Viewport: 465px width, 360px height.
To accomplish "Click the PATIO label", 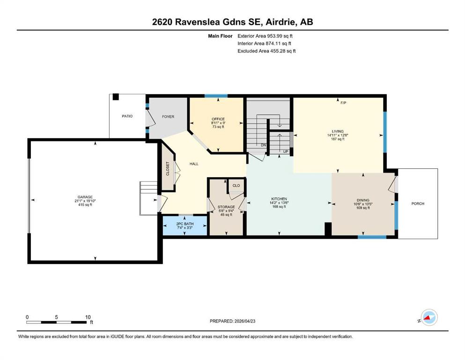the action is click(x=127, y=116).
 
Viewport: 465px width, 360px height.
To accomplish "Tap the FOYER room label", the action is click(x=168, y=117).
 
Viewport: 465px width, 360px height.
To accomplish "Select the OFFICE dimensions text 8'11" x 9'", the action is click(x=218, y=123).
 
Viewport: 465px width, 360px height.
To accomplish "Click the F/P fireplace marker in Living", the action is click(x=343, y=103).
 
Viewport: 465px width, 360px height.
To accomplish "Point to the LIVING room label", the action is click(x=338, y=131).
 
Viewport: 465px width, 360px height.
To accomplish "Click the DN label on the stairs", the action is click(x=263, y=145).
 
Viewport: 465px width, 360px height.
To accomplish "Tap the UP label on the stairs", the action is click(x=286, y=152).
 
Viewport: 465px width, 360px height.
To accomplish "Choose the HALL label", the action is click(x=194, y=164).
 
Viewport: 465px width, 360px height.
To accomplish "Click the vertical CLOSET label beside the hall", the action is click(x=168, y=169).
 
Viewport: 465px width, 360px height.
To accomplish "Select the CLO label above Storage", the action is click(x=236, y=186).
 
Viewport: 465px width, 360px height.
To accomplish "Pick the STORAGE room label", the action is click(x=226, y=207).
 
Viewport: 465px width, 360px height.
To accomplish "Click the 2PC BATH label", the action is click(x=185, y=224).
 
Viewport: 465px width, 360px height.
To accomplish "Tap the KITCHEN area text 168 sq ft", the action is click(x=279, y=207).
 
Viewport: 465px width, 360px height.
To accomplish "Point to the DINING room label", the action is click(x=363, y=200).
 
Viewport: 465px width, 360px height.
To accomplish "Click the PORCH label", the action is click(x=418, y=203).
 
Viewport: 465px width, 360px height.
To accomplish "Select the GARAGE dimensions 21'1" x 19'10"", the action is click(x=85, y=201).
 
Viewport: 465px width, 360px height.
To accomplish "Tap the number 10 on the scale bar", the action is click(x=88, y=317).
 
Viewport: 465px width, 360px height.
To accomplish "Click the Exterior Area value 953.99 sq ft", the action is click(x=280, y=36).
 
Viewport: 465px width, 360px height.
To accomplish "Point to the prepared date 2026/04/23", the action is click(x=244, y=321).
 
